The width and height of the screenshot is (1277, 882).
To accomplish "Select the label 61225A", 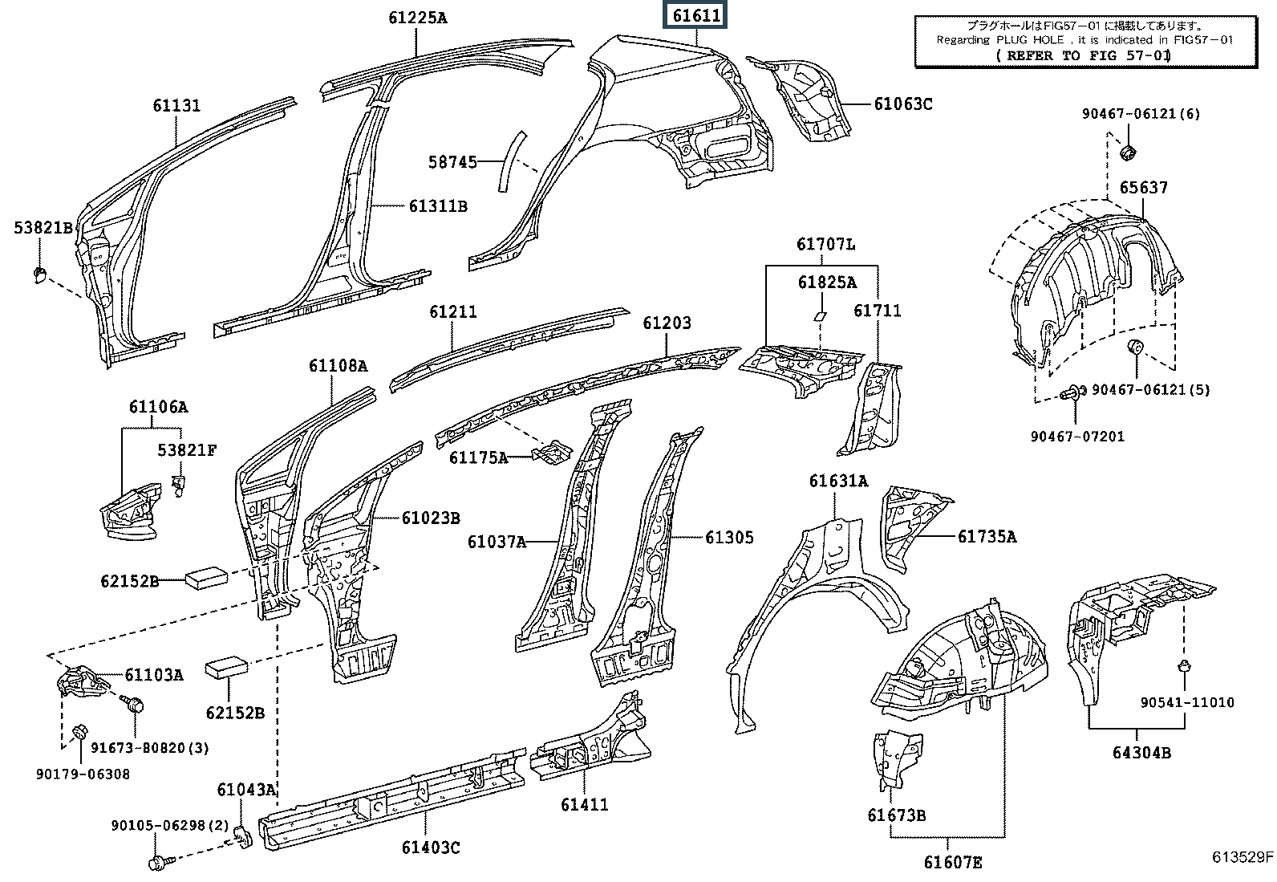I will pyautogui.click(x=418, y=17).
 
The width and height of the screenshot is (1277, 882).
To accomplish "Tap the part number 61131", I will pyautogui.click(x=176, y=106).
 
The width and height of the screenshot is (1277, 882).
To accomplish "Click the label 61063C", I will pyautogui.click(x=902, y=104).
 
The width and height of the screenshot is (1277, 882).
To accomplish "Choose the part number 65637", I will pyautogui.click(x=1144, y=187).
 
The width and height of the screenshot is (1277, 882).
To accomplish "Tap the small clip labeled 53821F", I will pyautogui.click(x=180, y=483).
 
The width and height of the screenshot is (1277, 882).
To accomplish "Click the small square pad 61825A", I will pyautogui.click(x=821, y=315).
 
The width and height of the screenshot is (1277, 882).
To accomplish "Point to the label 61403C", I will pyautogui.click(x=431, y=847).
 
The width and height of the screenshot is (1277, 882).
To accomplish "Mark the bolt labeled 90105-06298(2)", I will pyautogui.click(x=156, y=863).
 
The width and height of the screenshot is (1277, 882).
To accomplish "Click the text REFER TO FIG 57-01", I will pyautogui.click(x=1083, y=55).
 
